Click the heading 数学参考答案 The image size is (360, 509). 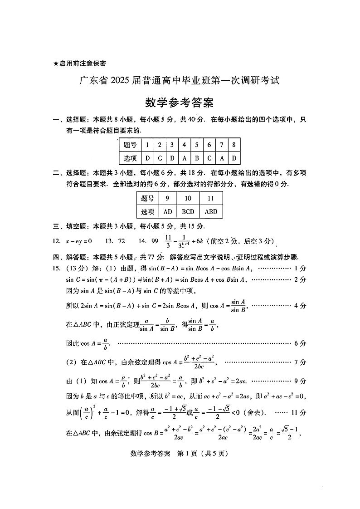tap(180, 103)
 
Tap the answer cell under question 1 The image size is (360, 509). tap(147, 158)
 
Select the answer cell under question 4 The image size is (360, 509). tap(184, 158)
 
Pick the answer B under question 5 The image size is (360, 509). tap(196, 158)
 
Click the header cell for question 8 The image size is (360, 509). tap(234, 145)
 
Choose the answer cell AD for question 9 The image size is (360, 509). tap(167, 211)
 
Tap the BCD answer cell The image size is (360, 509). tap(188, 211)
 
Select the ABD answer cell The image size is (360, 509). tap(211, 211)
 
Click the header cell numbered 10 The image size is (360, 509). tap(188, 198)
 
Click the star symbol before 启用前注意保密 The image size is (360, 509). tap(56, 64)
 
